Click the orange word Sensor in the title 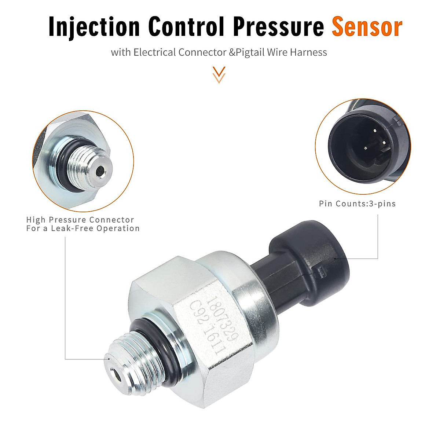click(x=367, y=26)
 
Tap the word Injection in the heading click(x=94, y=27)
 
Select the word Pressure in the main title click(x=279, y=26)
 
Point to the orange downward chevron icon click(x=219, y=74)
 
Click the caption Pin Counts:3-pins click(x=357, y=203)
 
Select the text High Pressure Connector click(x=80, y=220)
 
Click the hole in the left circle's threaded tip click(x=99, y=170)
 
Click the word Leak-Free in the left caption click(x=73, y=228)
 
